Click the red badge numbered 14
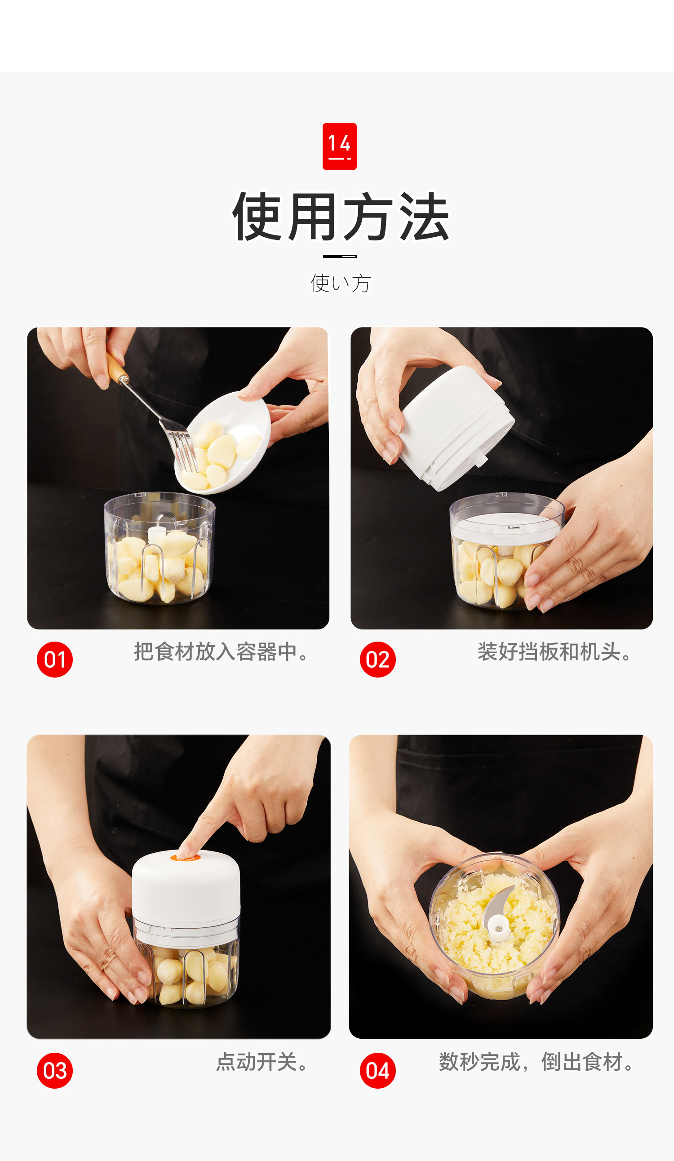(340, 146)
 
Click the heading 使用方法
(341, 217)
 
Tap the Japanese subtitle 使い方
(341, 283)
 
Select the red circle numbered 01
(55, 659)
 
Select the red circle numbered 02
(378, 659)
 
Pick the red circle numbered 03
(55, 1070)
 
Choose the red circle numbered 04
(378, 1070)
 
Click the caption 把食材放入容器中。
(221, 652)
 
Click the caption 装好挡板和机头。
(554, 652)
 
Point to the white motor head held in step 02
(456, 429)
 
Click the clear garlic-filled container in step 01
(160, 548)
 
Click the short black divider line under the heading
(340, 256)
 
